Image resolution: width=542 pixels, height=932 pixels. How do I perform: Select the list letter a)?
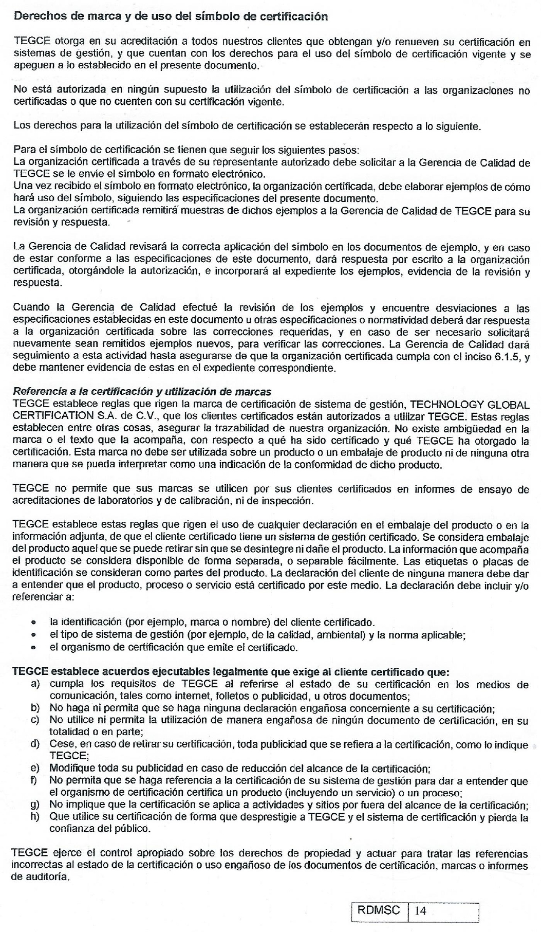point(35,684)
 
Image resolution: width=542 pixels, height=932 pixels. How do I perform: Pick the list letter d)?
point(35,744)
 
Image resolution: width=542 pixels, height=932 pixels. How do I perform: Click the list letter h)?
point(35,816)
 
